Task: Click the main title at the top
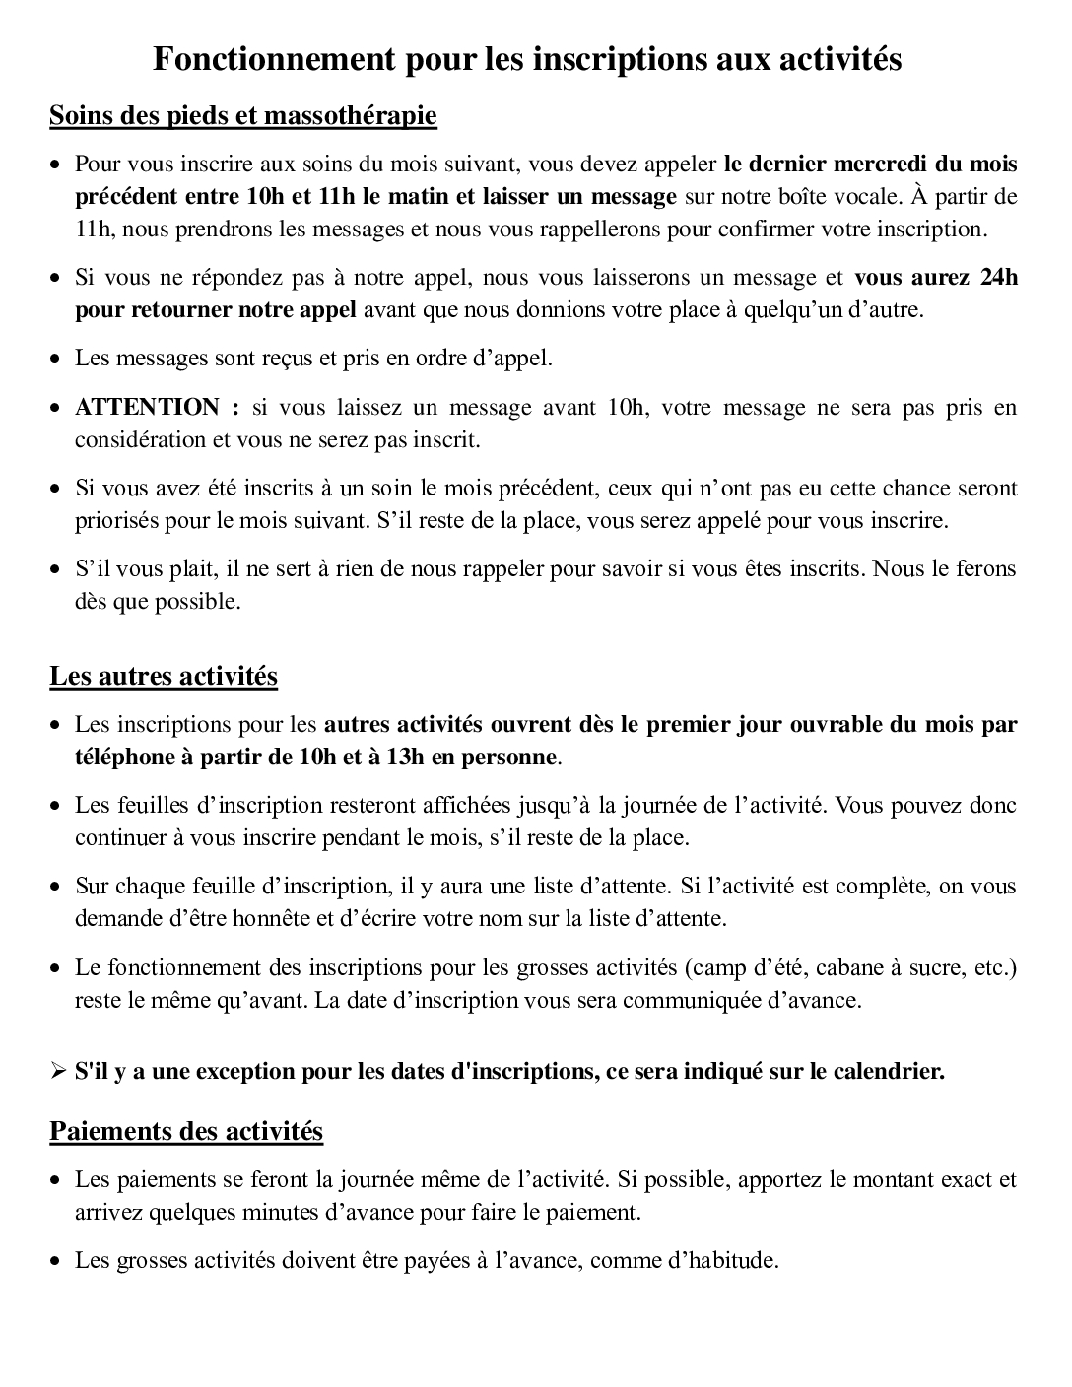[x=527, y=60]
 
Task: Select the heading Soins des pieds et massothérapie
[x=242, y=116]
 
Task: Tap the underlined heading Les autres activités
[x=164, y=677]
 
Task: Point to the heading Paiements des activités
[x=186, y=1131]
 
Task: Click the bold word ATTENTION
[x=147, y=407]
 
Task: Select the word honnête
[x=275, y=919]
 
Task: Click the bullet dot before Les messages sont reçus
[x=57, y=359]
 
